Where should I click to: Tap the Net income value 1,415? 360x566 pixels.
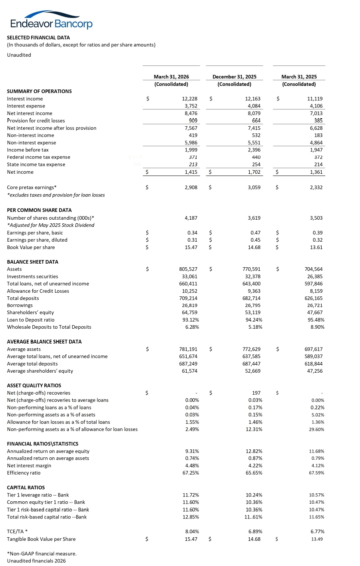tap(191, 172)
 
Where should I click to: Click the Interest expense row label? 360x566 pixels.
tap(26, 106)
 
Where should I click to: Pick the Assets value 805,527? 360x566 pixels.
tap(188, 269)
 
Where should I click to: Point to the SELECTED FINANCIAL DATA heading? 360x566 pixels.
tap(38, 38)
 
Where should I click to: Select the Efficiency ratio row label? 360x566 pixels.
tap(24, 473)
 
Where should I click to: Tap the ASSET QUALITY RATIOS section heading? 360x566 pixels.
tap(34, 385)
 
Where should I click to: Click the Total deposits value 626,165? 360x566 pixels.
tap(313, 298)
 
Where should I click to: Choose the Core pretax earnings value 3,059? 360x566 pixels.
tap(254, 187)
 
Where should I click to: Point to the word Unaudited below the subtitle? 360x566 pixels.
tap(19, 55)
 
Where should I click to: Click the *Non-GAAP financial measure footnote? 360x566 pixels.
tap(42, 554)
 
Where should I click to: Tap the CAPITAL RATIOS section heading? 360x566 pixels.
tap(26, 488)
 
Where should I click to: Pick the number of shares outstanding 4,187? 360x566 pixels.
tap(191, 218)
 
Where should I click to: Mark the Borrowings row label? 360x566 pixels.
tap(20, 306)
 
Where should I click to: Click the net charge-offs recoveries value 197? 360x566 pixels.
tap(257, 393)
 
